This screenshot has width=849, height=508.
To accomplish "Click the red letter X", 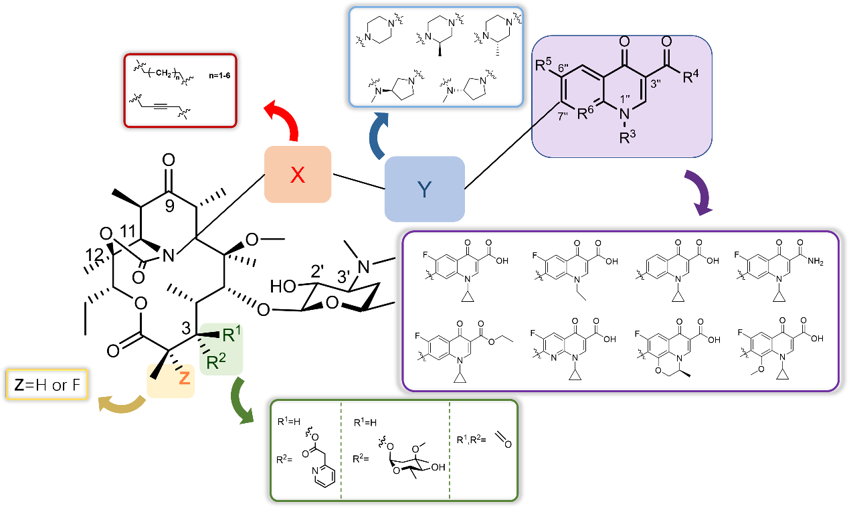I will tap(298, 175).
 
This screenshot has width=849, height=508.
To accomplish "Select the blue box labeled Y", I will tap(424, 189).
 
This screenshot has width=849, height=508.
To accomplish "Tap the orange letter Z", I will tap(185, 378).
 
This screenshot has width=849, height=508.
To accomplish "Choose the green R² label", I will tap(216, 362).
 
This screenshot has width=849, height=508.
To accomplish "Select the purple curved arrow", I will tap(700, 193).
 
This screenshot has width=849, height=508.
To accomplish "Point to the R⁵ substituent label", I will tap(543, 65).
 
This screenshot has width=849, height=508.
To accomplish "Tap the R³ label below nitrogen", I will tap(627, 138).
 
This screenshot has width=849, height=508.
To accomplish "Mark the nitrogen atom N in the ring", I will tap(625, 113).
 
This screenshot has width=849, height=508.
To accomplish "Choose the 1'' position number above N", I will tap(626, 98).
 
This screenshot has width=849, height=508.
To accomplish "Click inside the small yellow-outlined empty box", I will tap(47, 384).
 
